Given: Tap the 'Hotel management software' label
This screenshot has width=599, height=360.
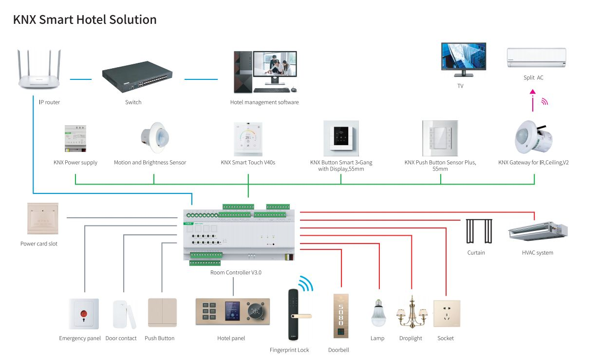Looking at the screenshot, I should (264, 102).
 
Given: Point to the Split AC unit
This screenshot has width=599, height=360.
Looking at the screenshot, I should (536, 58).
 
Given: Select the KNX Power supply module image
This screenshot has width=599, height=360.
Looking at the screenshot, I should (75, 138).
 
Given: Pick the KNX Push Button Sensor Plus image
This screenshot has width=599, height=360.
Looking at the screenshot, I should (440, 138).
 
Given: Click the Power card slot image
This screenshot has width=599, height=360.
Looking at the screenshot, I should (43, 219).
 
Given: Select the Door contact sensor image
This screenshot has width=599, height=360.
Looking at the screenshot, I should (122, 314).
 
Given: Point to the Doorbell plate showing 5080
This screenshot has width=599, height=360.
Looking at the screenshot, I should (341, 316).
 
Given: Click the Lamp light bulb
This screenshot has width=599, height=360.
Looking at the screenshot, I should (378, 313).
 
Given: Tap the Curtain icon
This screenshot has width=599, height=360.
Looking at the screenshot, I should (478, 231).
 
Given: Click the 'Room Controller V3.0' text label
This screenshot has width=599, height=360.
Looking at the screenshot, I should (236, 273).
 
